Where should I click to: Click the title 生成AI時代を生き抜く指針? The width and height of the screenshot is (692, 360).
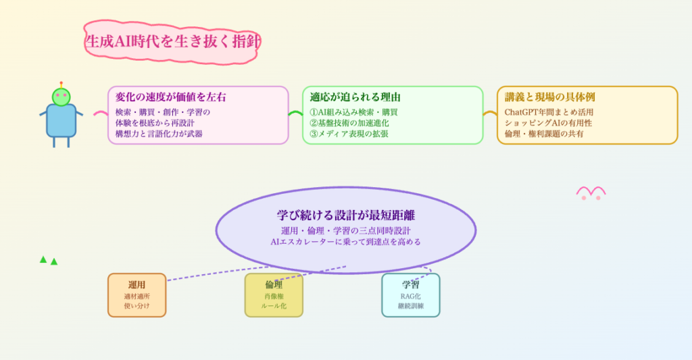(x=172, y=41)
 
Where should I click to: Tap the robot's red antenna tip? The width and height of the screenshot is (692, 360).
(x=61, y=82)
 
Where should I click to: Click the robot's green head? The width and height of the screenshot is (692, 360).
(x=61, y=97)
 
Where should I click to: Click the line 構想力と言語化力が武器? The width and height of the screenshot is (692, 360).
(x=159, y=134)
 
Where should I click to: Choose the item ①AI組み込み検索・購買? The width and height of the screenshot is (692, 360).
(x=353, y=112)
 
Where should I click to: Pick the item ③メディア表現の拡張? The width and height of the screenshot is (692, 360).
(x=349, y=134)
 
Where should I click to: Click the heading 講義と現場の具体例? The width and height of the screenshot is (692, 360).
(x=550, y=97)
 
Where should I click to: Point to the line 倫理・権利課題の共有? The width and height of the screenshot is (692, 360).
(x=545, y=134)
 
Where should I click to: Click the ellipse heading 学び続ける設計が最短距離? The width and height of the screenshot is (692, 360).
(x=346, y=216)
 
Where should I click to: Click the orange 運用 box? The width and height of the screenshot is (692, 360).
(x=137, y=295)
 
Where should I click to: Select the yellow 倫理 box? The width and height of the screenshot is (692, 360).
(x=274, y=295)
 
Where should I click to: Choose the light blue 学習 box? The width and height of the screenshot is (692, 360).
(x=411, y=295)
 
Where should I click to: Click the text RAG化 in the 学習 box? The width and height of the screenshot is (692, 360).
(x=411, y=296)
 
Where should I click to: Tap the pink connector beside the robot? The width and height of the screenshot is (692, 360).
(x=101, y=113)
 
